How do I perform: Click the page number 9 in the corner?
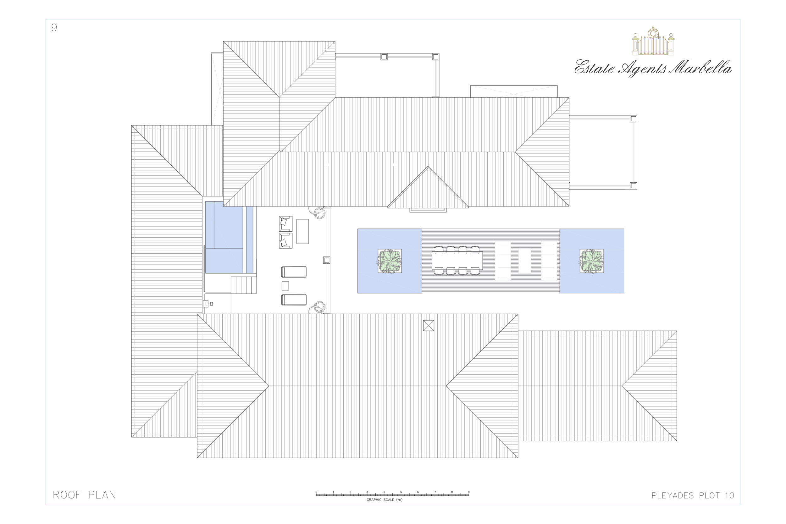click(54, 27)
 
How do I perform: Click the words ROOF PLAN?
click(85, 495)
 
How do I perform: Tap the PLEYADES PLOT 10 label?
click(693, 496)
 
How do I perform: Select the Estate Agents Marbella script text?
click(653, 69)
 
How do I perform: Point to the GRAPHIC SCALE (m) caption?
click(384, 500)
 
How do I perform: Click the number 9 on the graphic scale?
click(468, 492)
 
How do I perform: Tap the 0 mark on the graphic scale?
click(317, 492)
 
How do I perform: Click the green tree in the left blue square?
click(390, 261)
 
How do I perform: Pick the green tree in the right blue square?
click(591, 261)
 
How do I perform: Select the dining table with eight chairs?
click(457, 261)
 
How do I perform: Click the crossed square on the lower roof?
click(429, 325)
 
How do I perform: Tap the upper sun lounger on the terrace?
click(294, 272)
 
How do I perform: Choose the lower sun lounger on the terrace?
click(294, 300)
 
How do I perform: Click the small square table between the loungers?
click(285, 286)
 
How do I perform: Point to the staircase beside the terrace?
click(244, 285)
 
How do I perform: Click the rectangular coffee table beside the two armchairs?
click(302, 231)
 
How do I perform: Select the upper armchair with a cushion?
click(285, 223)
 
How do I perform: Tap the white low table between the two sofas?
click(524, 261)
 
